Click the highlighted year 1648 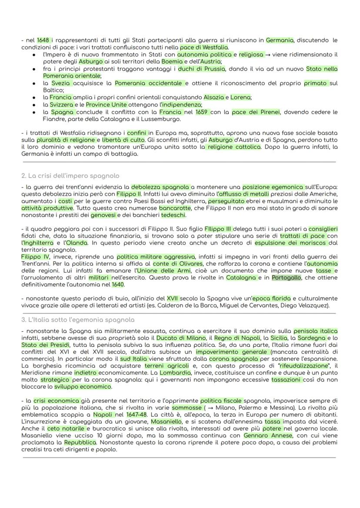44,40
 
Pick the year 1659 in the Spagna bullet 202,112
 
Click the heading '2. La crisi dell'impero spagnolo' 70,176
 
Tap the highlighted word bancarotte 172,208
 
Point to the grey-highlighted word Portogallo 286,278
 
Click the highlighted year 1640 118,285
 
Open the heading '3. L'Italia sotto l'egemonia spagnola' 78,319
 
